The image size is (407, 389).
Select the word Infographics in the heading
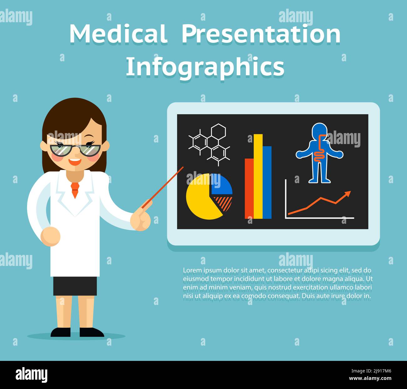tap(205, 66)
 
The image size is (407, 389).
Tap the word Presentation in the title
tap(261, 34)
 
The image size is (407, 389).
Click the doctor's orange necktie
tap(75, 189)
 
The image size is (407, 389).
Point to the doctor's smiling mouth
tap(75, 162)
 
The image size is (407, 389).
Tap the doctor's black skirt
tap(75, 286)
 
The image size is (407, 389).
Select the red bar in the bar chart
tap(249, 188)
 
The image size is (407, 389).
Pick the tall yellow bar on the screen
tap(258, 177)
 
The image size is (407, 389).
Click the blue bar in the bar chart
tap(267, 182)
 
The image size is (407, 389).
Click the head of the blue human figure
tap(319, 130)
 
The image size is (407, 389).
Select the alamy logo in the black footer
tap(32, 375)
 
